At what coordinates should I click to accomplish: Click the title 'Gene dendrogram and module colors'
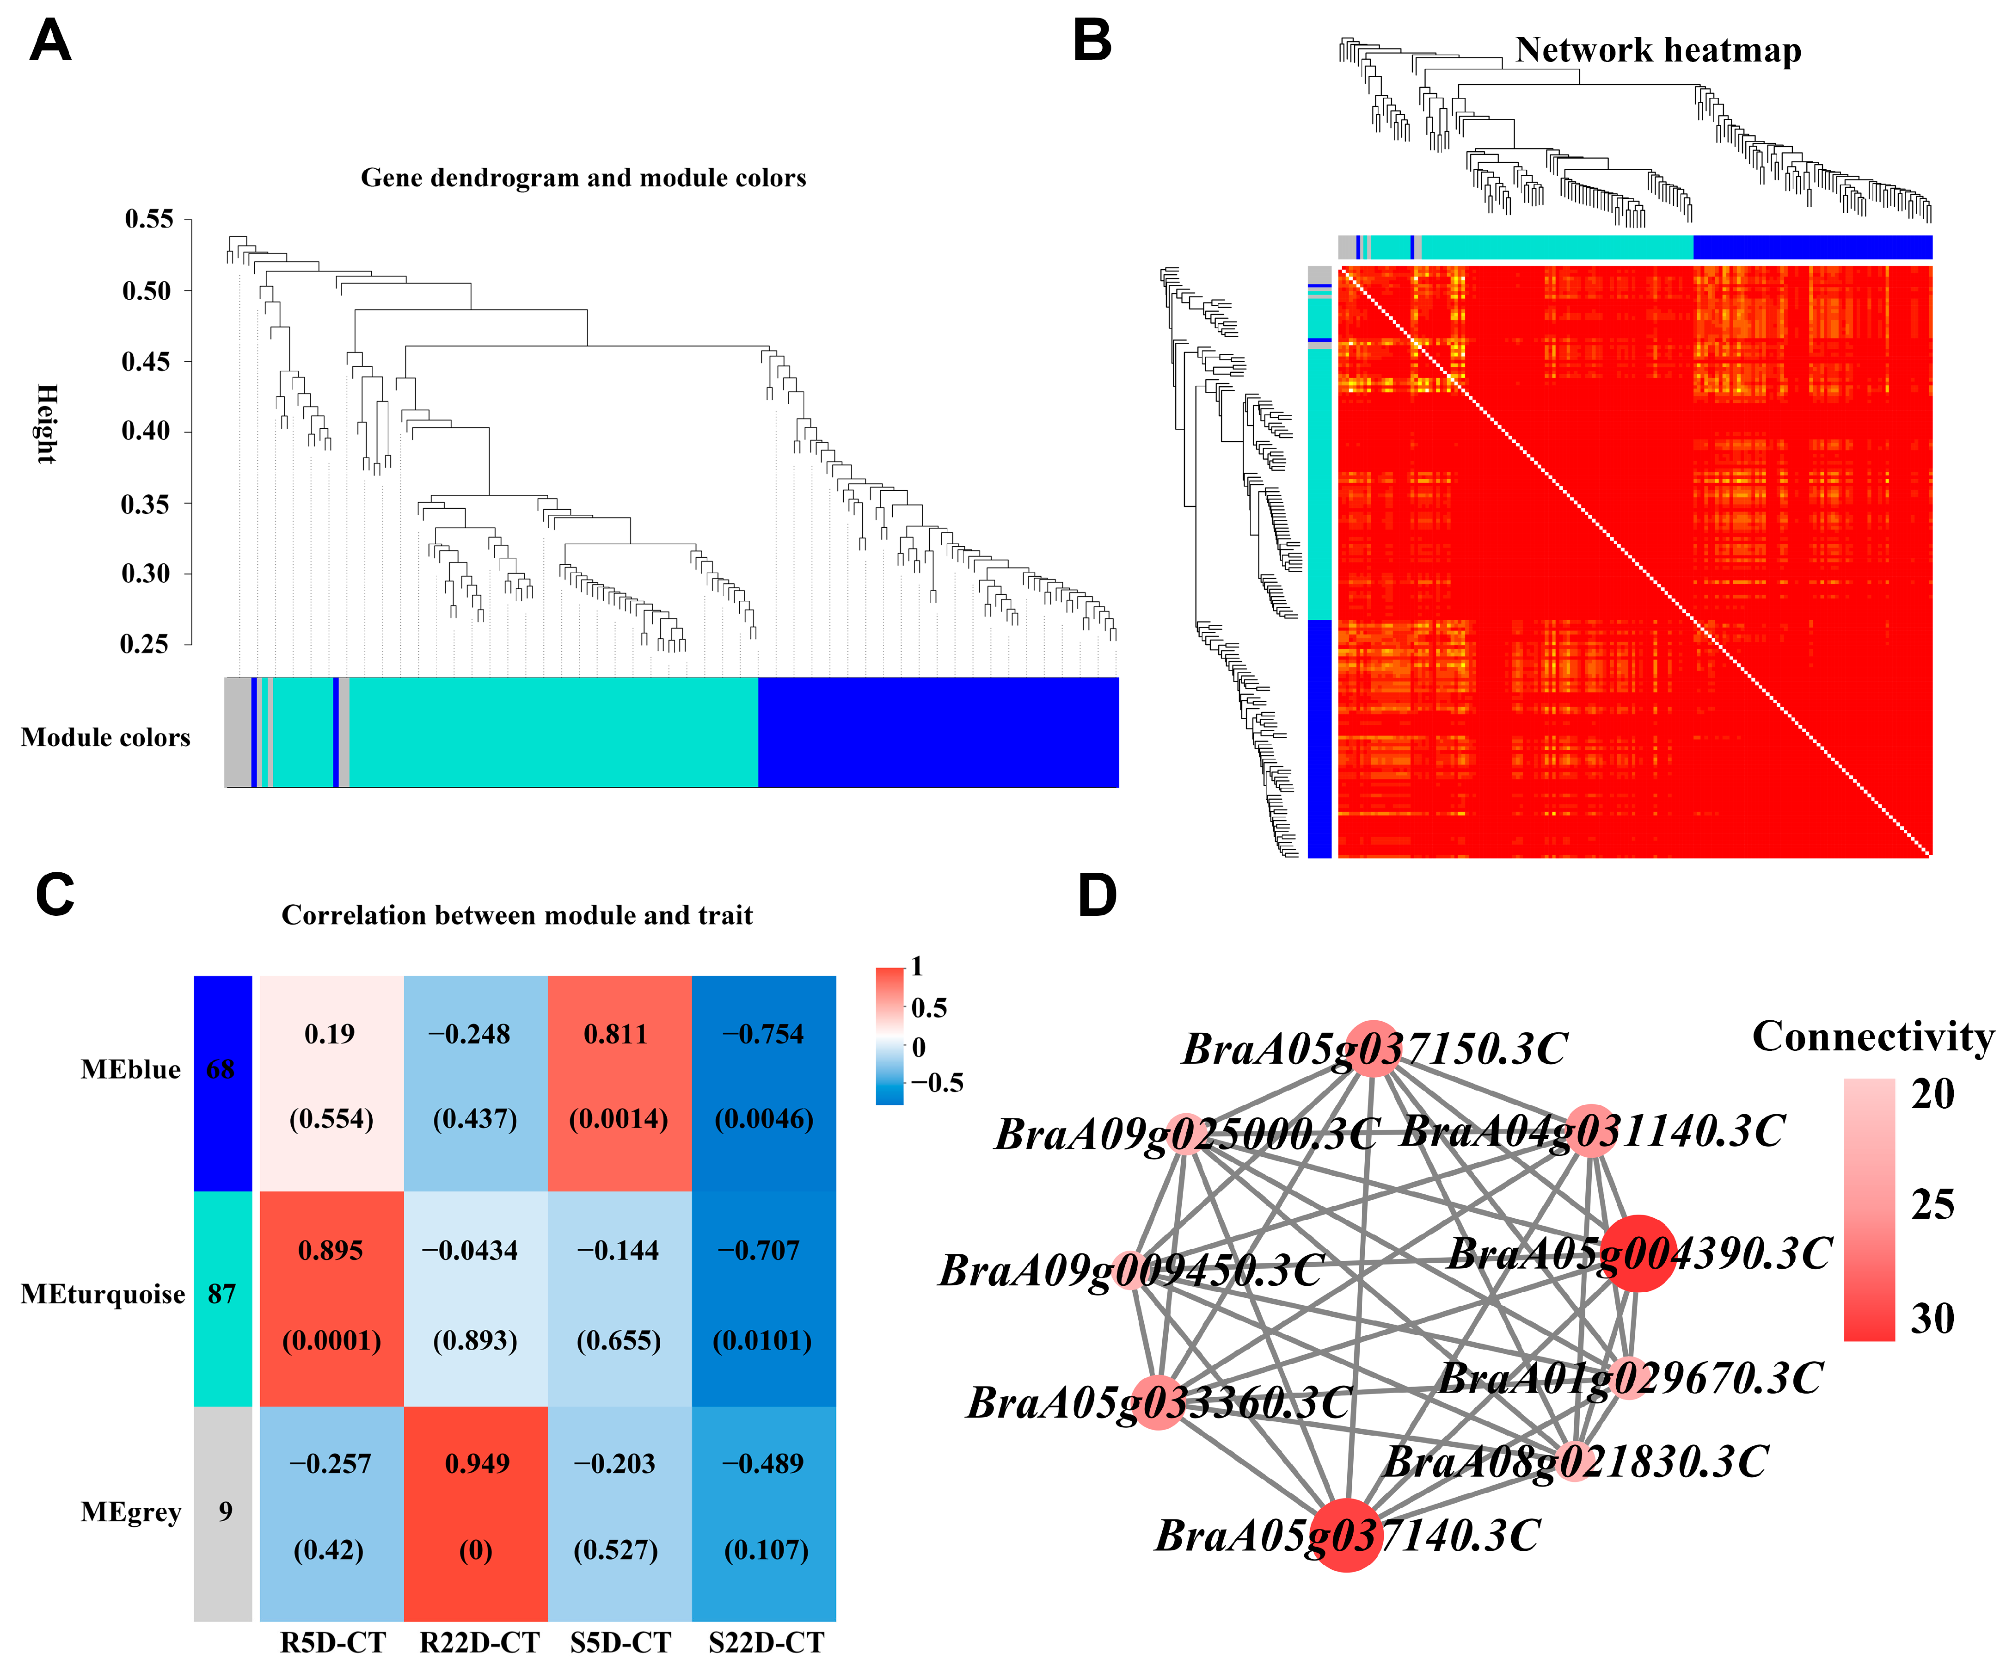point(583,178)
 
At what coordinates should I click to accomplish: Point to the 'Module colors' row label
point(105,738)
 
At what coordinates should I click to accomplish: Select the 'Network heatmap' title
point(1658,49)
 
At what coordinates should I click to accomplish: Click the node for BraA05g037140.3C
point(1346,1535)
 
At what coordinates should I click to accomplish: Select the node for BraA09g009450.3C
point(1131,1270)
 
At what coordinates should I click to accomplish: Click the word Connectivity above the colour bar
point(1872,1037)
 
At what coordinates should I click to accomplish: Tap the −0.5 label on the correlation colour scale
point(936,1082)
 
